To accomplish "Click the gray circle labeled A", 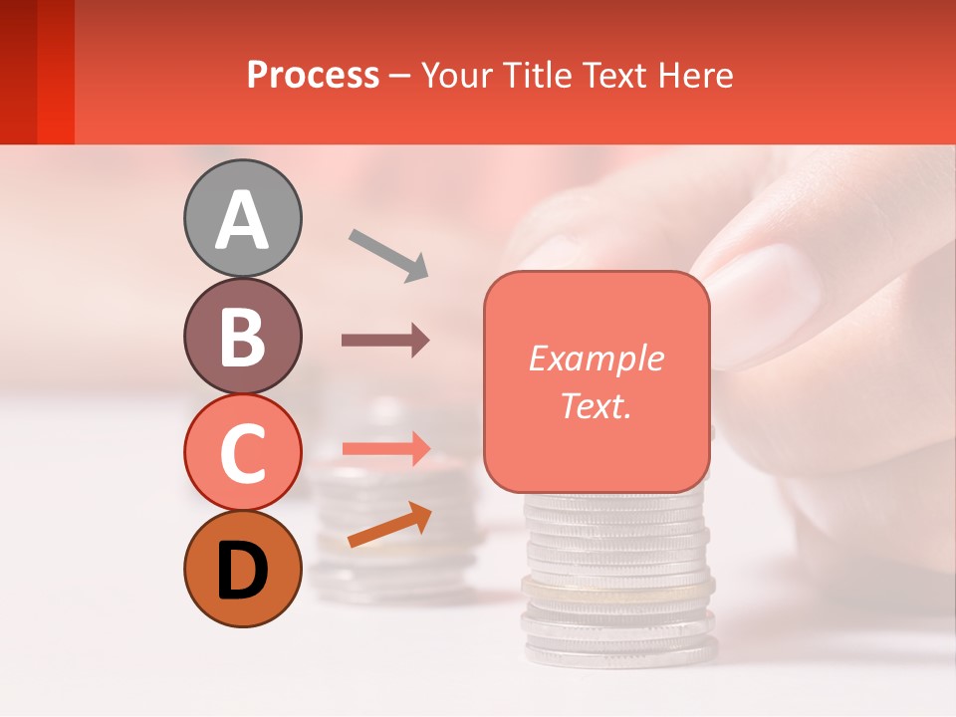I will point(242,218).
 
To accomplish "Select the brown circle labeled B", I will point(242,336).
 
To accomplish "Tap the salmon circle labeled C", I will point(242,452).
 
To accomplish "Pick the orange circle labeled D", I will point(242,569).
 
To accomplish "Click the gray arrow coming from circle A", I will point(388,253).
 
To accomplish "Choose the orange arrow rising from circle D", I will point(389,525).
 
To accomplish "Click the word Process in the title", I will point(313,75).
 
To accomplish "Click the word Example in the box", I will point(596,358).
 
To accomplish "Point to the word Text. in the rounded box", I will point(596,405).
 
